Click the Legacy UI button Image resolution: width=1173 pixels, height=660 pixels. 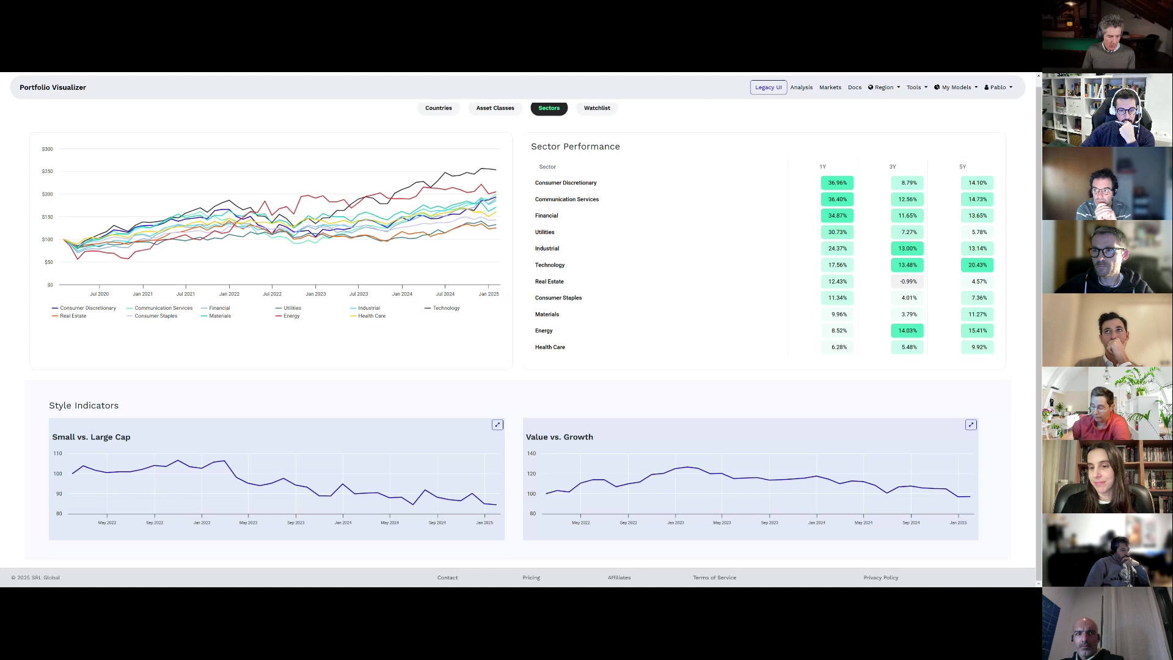768,87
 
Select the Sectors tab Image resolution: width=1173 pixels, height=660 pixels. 549,108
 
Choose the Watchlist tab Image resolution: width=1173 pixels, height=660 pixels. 596,108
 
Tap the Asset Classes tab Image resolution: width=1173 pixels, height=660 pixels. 495,108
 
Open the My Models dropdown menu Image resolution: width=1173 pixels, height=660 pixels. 956,87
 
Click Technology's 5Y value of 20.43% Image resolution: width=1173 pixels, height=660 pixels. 977,265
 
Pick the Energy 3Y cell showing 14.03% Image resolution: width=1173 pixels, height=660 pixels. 907,331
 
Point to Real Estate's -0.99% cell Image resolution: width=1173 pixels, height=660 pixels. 908,282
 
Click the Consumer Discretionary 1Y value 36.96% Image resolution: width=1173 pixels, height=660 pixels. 837,183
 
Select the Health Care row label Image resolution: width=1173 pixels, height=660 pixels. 550,347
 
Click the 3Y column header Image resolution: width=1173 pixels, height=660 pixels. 893,167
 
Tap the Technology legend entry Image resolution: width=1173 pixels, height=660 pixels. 445,308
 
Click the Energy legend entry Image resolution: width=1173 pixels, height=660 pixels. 291,316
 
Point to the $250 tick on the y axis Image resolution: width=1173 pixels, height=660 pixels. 47,171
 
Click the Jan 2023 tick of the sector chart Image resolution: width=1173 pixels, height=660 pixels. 316,294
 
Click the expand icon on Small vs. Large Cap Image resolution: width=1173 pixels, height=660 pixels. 497,425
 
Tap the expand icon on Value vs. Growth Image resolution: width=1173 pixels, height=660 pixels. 971,425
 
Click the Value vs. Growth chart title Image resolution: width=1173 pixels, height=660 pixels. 559,437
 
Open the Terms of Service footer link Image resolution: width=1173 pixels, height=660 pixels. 714,577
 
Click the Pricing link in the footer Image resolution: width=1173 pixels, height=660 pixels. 531,577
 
